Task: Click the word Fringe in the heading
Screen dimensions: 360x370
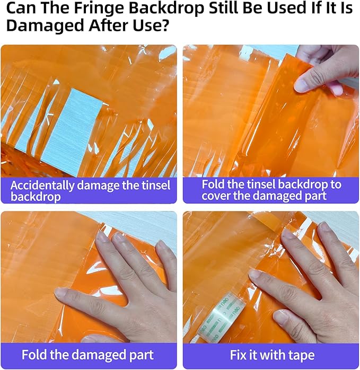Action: pyautogui.click(x=99, y=8)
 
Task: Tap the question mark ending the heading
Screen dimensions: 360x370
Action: pyautogui.click(x=164, y=25)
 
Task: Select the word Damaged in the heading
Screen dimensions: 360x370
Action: pyautogui.click(x=45, y=25)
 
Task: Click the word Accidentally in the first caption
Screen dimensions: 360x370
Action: pyautogui.click(x=42, y=186)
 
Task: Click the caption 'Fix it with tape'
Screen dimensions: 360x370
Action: pyautogui.click(x=272, y=355)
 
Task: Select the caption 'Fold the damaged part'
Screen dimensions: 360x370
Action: pyautogui.click(x=87, y=355)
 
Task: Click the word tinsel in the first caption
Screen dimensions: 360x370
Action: pyautogui.click(x=156, y=186)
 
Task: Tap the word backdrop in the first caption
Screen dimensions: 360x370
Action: pyautogui.click(x=36, y=197)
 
